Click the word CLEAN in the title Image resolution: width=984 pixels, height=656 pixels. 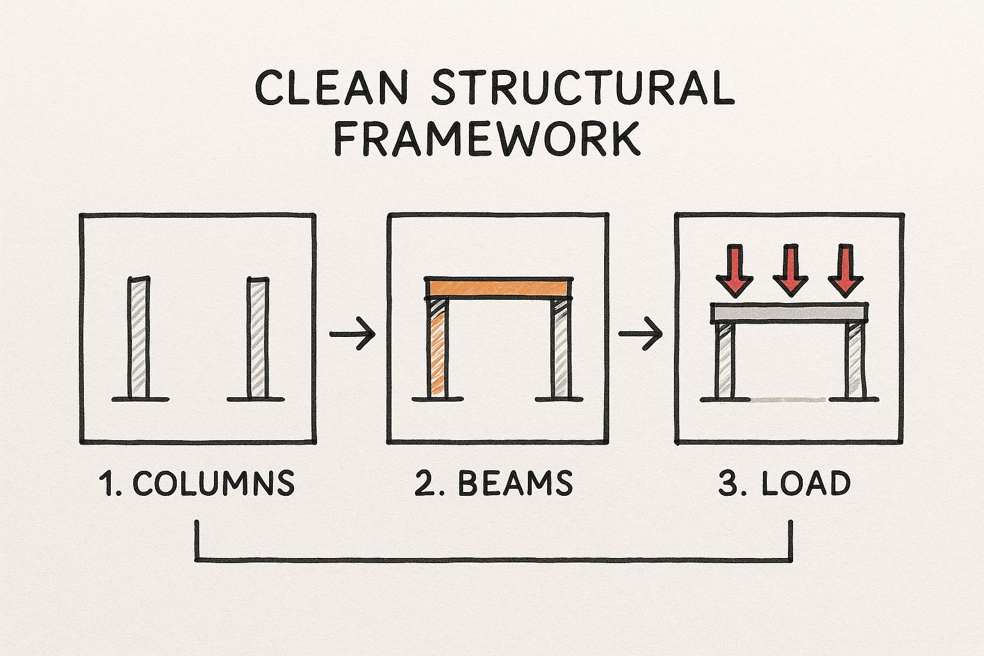point(332,87)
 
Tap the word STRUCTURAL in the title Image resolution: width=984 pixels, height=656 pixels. point(583,87)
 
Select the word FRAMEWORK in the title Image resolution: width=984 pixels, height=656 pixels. point(487,138)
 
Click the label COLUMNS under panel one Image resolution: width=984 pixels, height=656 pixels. point(213,483)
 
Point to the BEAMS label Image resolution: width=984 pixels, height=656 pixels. point(515,483)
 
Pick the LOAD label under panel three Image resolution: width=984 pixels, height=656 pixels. point(806,483)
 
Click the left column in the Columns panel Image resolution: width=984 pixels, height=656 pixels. point(139,338)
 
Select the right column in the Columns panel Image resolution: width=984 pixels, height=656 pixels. point(258,338)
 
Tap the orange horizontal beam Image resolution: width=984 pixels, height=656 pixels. point(498,288)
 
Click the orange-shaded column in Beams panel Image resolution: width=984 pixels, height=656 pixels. point(438,348)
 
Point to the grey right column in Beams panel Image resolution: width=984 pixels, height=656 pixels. point(561,348)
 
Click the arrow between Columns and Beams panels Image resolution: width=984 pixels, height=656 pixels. point(352,334)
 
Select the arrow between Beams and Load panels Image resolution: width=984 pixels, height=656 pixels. point(641,334)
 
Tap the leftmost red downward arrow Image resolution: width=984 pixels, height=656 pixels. point(735,270)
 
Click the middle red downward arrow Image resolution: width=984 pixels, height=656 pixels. point(791,270)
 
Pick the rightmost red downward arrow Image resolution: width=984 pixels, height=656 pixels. point(846,270)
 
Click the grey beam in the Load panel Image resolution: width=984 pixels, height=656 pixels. point(789,313)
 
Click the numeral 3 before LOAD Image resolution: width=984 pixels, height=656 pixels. point(728,483)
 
